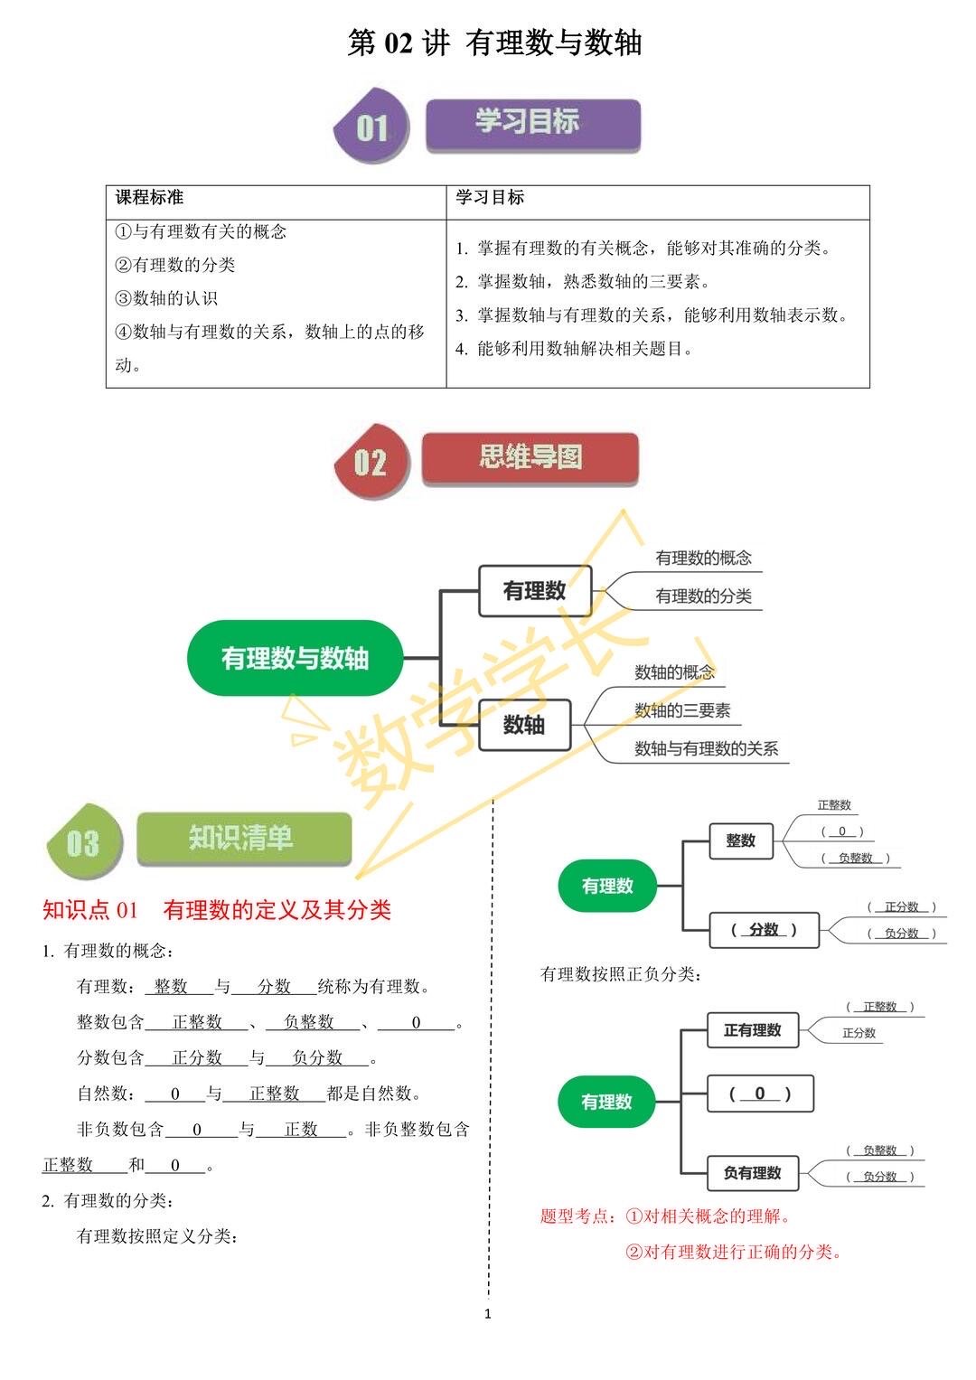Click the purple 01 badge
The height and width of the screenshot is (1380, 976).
coord(371,126)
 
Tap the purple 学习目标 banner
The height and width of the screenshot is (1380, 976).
coord(533,125)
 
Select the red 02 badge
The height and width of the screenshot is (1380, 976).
coord(371,461)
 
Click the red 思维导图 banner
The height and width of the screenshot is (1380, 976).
coord(530,458)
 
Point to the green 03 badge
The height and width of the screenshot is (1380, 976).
coord(84,841)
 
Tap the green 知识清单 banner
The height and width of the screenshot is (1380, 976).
coord(244,838)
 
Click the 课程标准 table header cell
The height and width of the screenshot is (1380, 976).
coord(276,202)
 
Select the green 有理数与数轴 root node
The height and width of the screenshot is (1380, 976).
coord(296,658)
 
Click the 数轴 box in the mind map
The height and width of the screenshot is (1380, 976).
coord(524,725)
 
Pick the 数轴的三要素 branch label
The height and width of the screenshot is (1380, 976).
coord(682,710)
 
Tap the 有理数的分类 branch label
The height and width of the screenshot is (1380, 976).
coord(703,596)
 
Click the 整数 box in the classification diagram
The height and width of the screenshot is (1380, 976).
coord(741,840)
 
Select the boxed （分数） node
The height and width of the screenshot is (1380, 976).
coord(764,929)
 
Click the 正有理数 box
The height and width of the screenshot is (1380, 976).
coord(752,1029)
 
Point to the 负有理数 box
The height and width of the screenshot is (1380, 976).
coord(752,1172)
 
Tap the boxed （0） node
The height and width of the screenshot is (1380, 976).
coord(760,1094)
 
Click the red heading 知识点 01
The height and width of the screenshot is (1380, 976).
coord(90,910)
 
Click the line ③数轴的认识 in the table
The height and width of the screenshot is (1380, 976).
coord(166,298)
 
